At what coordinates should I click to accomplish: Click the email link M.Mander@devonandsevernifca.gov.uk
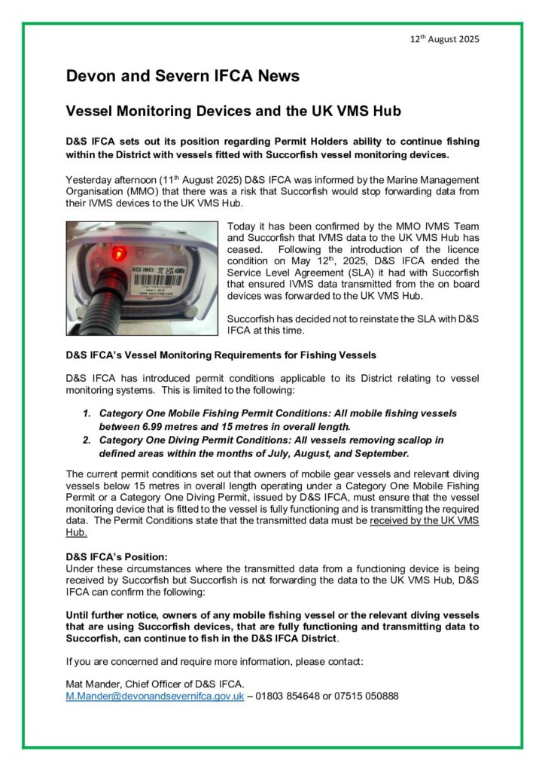click(155, 696)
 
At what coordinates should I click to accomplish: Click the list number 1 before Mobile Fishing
click(87, 414)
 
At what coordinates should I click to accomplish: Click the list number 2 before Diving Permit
click(87, 440)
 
